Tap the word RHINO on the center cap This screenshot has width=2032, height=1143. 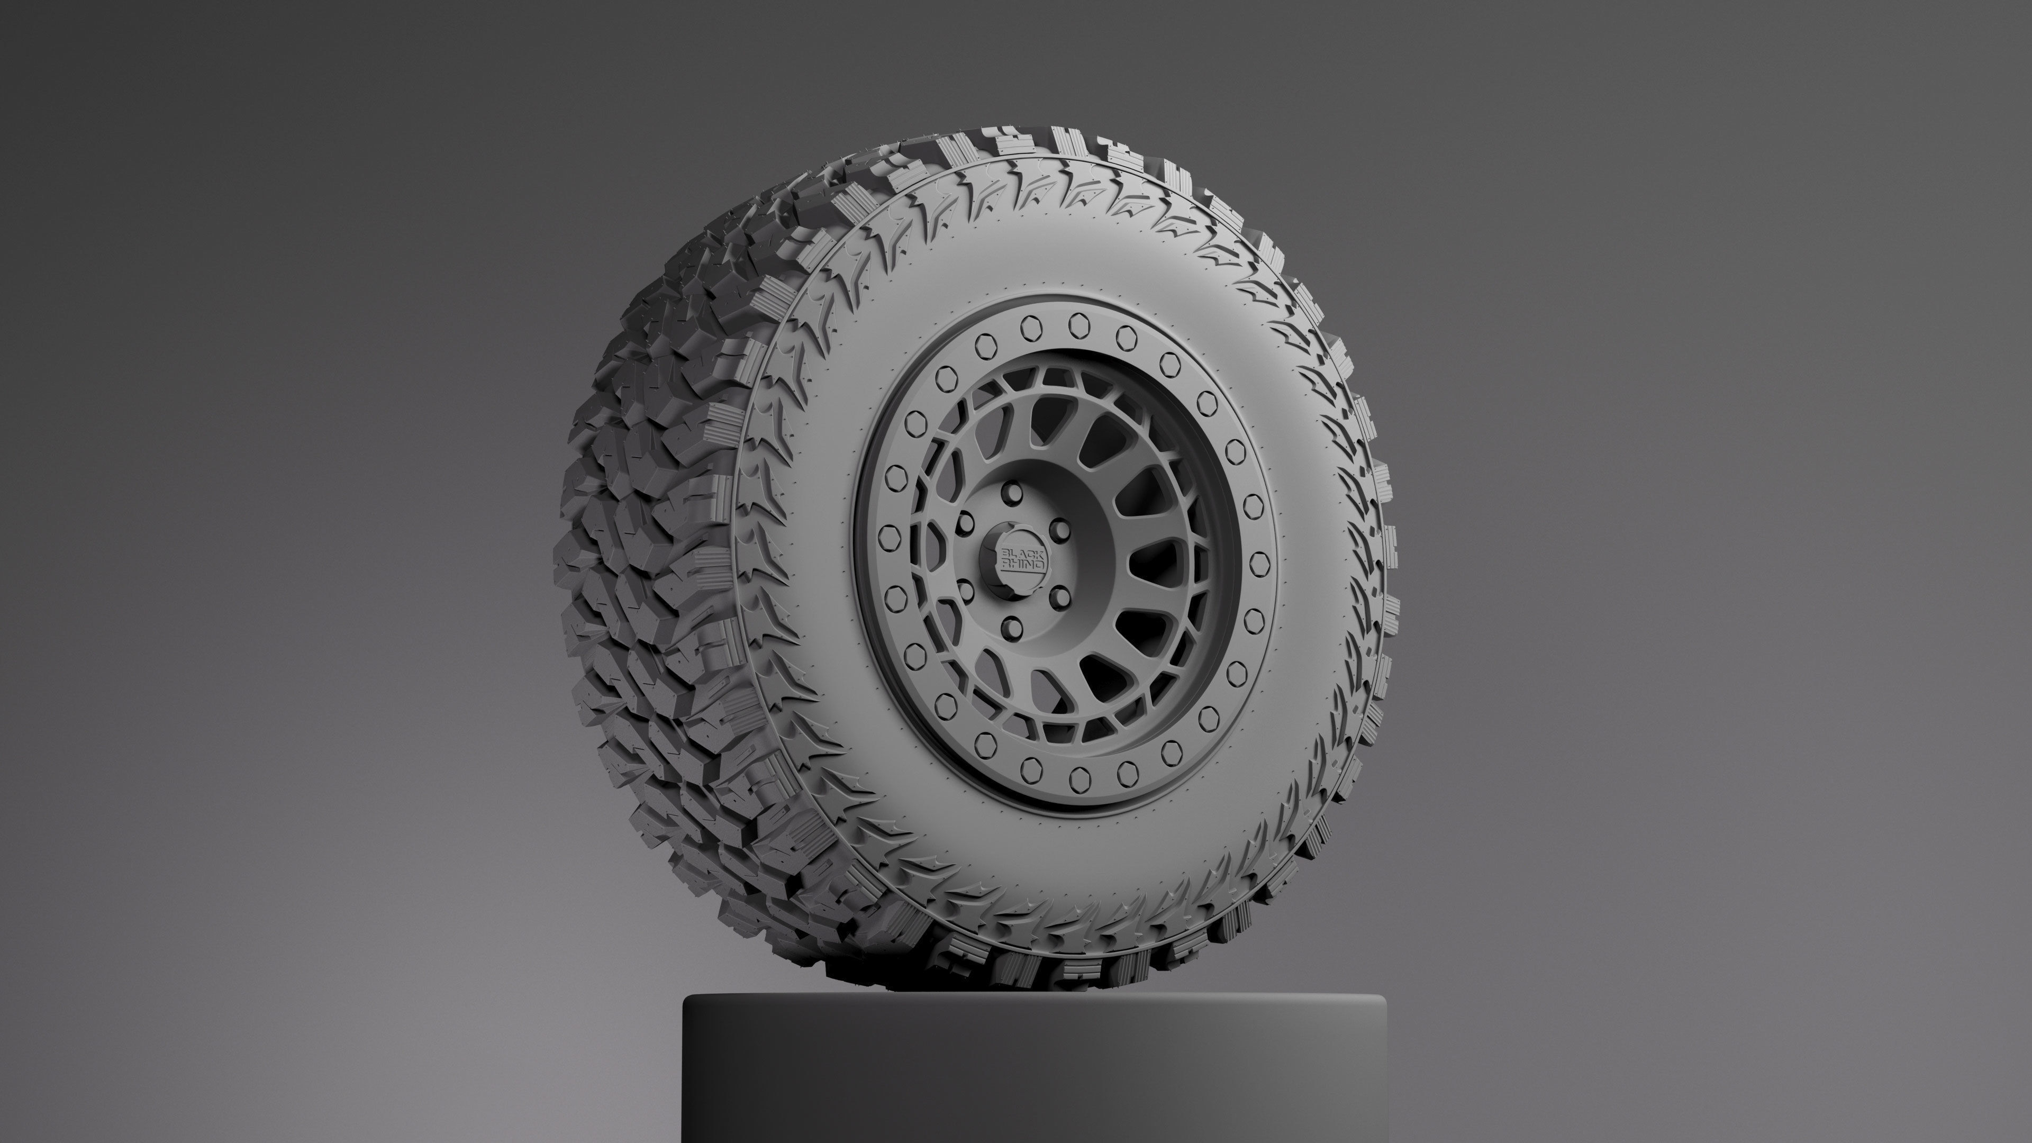1023,565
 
